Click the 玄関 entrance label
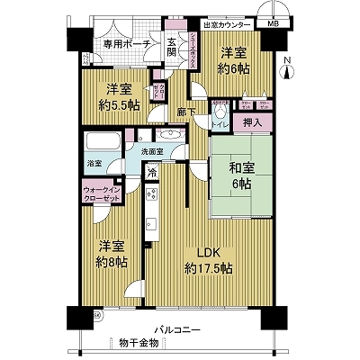171,45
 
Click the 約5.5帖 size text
119,104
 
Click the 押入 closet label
254,121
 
